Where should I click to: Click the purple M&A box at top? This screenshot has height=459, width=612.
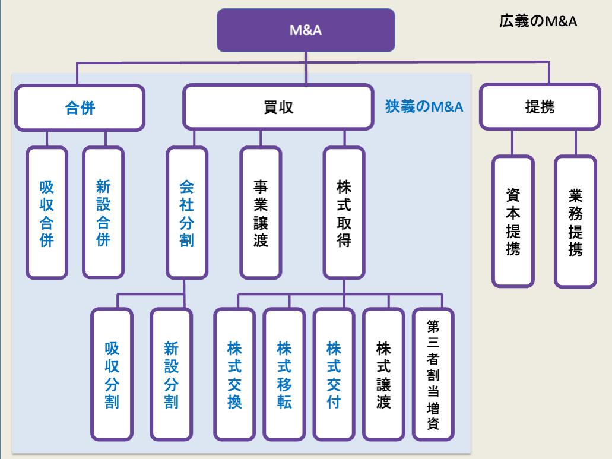(306, 30)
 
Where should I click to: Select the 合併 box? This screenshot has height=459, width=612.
(80, 107)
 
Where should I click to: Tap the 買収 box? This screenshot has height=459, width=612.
(278, 107)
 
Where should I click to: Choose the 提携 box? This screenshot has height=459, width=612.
(540, 107)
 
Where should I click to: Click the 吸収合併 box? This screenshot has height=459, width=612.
(47, 213)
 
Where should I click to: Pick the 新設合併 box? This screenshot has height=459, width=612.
(103, 213)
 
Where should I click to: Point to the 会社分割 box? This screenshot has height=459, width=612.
(187, 213)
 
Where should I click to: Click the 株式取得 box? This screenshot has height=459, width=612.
(344, 213)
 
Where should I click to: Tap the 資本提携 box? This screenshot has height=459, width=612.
(513, 221)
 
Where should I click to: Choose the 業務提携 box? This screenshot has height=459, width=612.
(575, 221)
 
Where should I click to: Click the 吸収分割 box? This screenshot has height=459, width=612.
(112, 374)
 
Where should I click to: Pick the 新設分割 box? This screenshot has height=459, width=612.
(171, 374)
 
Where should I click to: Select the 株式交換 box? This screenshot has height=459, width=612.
(234, 374)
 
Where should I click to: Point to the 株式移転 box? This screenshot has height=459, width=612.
(284, 374)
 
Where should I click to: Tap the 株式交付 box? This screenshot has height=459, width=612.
(334, 374)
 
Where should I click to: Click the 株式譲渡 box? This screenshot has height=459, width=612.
(383, 374)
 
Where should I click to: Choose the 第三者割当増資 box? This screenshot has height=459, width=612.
(433, 374)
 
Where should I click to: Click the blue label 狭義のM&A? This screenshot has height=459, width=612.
(424, 107)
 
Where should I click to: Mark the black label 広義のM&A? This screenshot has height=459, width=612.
(538, 22)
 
